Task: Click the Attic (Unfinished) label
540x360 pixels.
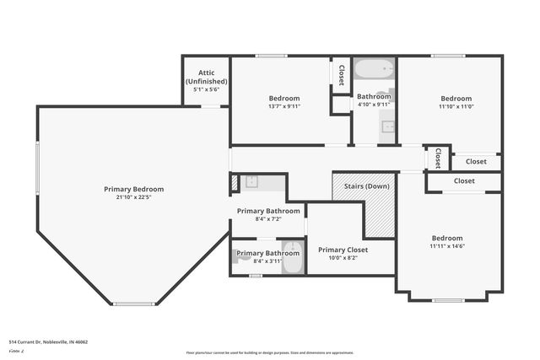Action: pos(206,77)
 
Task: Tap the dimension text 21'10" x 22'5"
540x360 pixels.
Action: pos(134,198)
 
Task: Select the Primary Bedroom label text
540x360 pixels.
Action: pos(134,189)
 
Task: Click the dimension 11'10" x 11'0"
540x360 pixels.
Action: pos(456,106)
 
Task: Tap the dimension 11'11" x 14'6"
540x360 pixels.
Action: pos(447,247)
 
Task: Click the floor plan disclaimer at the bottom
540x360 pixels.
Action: pos(270,352)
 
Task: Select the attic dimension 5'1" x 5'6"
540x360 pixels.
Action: pos(206,88)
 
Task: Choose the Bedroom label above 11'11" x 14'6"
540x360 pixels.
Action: pos(447,238)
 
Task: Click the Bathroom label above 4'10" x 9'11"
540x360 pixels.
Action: pos(374,96)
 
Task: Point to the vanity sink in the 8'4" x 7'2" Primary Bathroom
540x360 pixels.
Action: pos(251,181)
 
